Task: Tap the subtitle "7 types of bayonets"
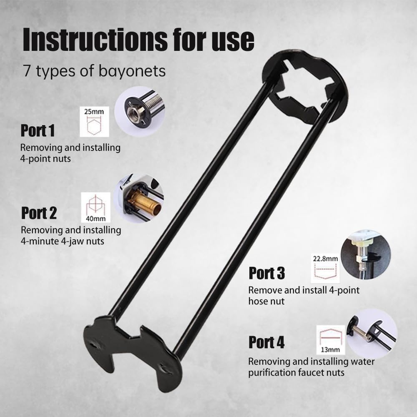94,71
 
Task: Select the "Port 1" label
38,131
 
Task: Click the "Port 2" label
39,213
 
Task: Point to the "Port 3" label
266,274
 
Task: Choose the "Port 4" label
266,342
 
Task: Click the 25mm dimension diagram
94,121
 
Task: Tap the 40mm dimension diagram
95,207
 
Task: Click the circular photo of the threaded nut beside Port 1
139,111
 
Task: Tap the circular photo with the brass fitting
139,198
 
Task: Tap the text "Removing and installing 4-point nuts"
70,153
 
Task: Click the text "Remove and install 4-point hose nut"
304,295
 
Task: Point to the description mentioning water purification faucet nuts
311,367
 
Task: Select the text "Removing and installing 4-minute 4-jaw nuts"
71,235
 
